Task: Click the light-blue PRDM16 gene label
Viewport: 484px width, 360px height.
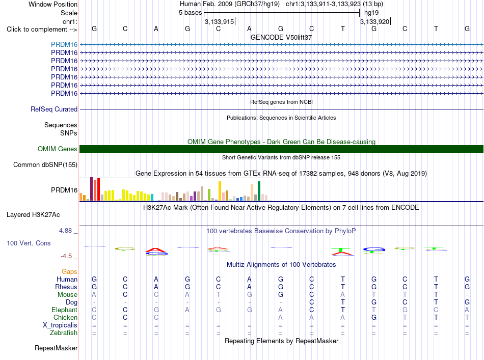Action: click(x=64, y=44)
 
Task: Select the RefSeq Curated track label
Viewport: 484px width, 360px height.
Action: click(x=54, y=109)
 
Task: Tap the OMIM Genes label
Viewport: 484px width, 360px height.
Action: click(x=58, y=149)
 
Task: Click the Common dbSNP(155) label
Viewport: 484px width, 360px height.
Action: click(x=45, y=165)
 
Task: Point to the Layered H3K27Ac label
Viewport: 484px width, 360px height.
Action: click(x=33, y=215)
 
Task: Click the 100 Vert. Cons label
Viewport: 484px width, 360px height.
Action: click(x=29, y=243)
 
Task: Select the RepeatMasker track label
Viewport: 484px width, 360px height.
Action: click(x=56, y=348)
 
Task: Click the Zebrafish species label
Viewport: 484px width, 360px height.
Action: click(x=64, y=333)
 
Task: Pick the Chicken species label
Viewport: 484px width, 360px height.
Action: click(x=65, y=317)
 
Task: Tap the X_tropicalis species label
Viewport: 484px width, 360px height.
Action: click(x=60, y=325)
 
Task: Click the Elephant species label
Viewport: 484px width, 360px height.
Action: click(x=65, y=310)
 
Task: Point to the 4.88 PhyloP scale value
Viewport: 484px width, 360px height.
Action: click(x=65, y=231)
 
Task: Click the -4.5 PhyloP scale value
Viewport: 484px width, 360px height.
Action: click(x=66, y=256)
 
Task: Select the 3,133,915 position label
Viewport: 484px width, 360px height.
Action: click(x=220, y=21)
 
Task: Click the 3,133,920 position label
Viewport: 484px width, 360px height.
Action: click(x=375, y=21)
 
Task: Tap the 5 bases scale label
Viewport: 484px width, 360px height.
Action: click(x=190, y=13)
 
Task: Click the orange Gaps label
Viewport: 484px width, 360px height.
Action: click(x=69, y=271)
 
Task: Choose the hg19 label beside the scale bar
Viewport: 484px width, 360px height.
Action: click(x=371, y=13)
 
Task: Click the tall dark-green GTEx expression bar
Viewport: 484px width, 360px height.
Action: click(x=259, y=191)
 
